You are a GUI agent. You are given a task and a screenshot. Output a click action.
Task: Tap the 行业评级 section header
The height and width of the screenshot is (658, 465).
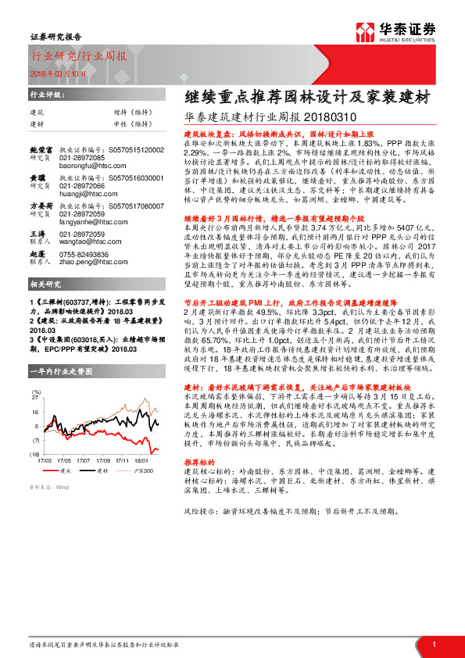tap(46, 93)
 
